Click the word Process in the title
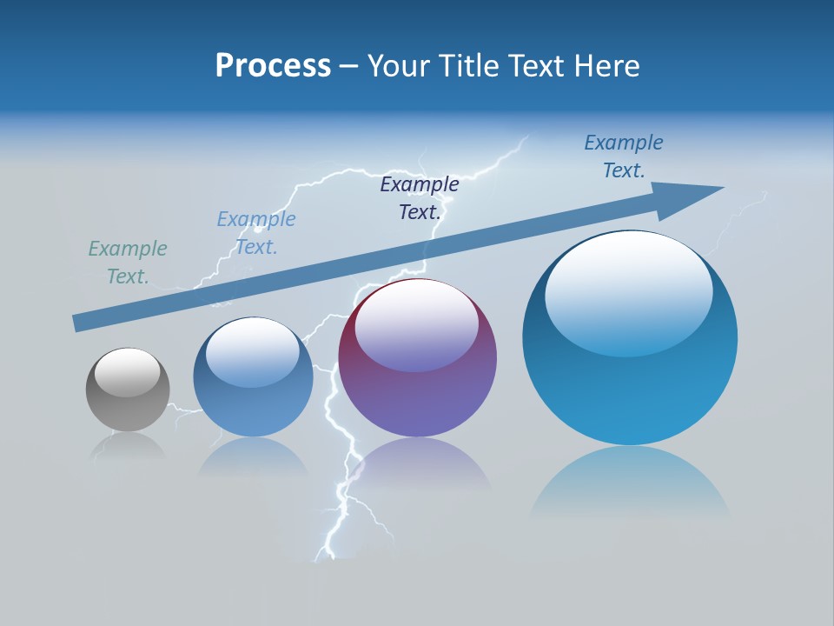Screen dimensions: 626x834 (273, 66)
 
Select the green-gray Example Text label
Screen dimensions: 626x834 (128, 262)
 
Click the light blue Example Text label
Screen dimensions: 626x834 (256, 232)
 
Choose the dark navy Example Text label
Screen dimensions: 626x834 (420, 197)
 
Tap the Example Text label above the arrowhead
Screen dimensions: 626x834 (624, 156)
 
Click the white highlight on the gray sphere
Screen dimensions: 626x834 (128, 372)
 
